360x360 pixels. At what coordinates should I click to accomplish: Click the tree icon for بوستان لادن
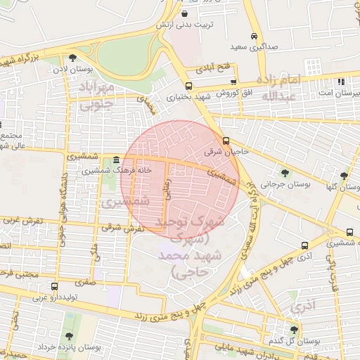coord(73,58)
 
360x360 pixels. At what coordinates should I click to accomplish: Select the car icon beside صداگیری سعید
coord(253,37)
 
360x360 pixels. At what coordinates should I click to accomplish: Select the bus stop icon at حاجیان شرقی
coord(226,140)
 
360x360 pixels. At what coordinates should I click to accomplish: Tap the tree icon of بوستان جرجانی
coord(284,173)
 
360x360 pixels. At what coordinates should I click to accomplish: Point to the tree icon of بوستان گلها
coord(344,176)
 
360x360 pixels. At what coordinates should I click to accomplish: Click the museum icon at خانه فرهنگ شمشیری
coord(115,160)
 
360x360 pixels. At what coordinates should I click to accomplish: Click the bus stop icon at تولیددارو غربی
coord(55,285)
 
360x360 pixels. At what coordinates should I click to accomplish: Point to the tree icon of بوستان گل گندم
coord(294,329)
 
